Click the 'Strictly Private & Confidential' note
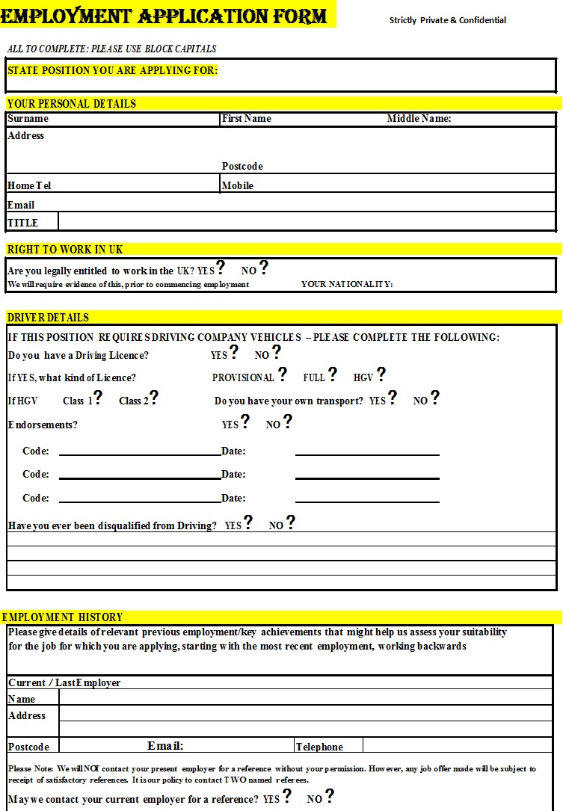447,20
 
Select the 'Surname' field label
28,119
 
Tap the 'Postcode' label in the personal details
242,166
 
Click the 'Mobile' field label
238,185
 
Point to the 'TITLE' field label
22,223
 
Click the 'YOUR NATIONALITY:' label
347,284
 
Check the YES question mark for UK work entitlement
221,268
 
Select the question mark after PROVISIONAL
282,374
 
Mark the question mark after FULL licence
332,374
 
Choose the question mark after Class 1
98,398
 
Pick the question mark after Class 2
154,398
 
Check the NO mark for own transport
435,398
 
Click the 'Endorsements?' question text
43,425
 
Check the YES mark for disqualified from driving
248,522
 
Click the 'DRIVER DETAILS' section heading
48,318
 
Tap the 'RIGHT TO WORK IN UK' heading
65,250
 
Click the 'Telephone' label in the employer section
319,747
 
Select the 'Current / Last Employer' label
64,682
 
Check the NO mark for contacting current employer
329,796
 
